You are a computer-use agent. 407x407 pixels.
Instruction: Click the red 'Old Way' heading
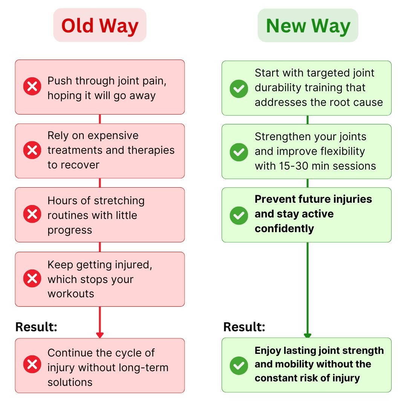tap(100, 26)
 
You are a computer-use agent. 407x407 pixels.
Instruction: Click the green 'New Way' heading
tap(308, 26)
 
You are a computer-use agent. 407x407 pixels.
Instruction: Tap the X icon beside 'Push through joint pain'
tap(32, 86)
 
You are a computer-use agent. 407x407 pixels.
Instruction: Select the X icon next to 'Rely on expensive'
tap(32, 150)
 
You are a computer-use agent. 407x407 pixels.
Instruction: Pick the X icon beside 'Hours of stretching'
tap(32, 214)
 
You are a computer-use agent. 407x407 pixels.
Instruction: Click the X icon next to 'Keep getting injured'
tap(32, 278)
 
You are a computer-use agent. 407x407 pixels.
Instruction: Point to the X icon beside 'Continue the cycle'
tap(32, 364)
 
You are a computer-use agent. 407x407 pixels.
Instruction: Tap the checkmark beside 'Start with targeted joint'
tap(239, 89)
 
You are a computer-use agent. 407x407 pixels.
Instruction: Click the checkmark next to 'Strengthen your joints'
tap(239, 152)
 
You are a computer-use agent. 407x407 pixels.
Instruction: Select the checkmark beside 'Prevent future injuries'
tap(239, 216)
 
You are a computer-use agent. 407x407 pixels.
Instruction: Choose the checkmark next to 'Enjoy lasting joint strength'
tap(239, 366)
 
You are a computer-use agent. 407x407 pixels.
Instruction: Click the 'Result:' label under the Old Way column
tap(36, 327)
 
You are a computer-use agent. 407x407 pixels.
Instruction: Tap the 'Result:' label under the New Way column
tap(244, 327)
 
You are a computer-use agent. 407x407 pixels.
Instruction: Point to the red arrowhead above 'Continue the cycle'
tap(100, 335)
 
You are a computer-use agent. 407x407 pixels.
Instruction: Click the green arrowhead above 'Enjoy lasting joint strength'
tap(308, 335)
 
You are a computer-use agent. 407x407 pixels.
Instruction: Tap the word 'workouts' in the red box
tap(71, 294)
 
